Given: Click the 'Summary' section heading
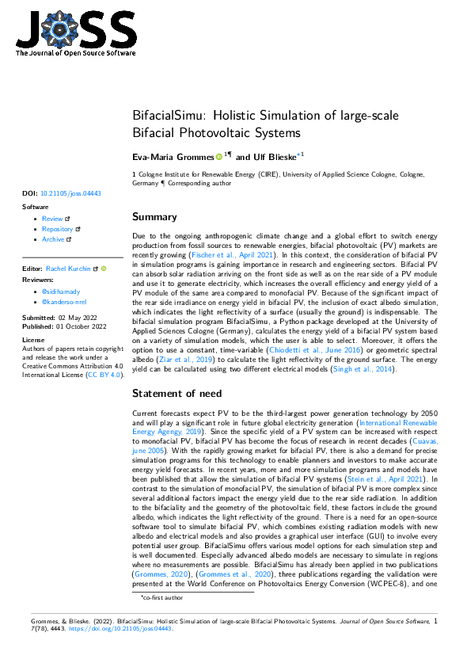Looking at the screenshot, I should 154,216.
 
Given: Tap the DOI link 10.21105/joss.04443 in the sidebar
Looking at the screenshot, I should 70,192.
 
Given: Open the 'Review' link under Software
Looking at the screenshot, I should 52,219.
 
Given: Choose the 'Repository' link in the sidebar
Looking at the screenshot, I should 57,229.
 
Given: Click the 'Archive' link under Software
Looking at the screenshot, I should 54,239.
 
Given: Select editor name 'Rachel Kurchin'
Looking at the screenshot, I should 69,269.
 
